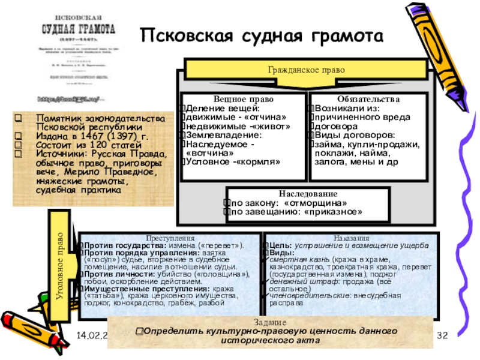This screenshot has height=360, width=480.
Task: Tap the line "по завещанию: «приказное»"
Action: pos(296,212)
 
